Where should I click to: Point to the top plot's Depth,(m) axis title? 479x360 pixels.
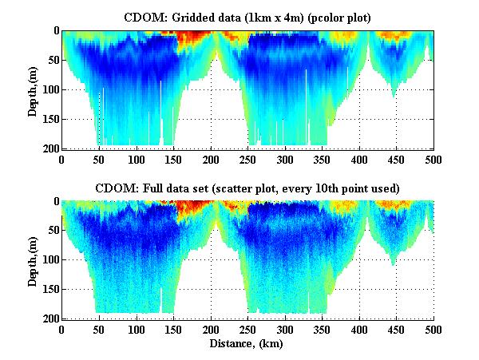[x=33, y=89]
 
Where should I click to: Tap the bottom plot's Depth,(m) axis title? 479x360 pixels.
[x=33, y=260]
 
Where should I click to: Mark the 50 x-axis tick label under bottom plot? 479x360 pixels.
[x=99, y=328]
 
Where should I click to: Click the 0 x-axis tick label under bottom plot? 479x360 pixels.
[x=61, y=328]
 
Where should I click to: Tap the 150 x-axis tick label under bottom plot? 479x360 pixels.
[x=137, y=328]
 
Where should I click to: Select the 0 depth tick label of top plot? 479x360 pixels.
[x=54, y=31]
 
